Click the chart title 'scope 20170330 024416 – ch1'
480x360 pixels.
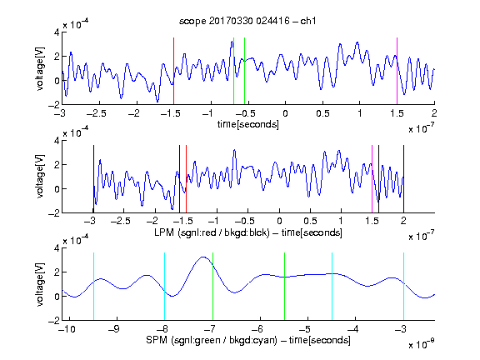(x=247, y=21)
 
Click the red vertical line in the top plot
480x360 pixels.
(x=173, y=71)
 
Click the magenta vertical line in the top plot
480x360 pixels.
(x=397, y=71)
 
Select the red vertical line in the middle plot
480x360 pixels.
(x=186, y=179)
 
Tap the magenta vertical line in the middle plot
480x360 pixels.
(x=372, y=179)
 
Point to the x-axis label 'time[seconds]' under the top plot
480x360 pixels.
(x=248, y=124)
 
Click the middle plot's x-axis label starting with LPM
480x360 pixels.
(x=248, y=232)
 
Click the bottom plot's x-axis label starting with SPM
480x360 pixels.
(x=248, y=340)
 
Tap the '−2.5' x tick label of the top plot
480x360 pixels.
(x=97, y=113)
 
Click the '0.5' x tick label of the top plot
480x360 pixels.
(x=322, y=113)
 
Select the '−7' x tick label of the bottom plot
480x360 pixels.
(x=210, y=329)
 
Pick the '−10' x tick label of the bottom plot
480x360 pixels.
(x=67, y=329)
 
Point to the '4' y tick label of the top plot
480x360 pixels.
(x=57, y=32)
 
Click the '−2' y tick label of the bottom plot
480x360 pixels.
(x=53, y=321)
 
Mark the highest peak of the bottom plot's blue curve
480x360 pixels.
(x=203, y=257)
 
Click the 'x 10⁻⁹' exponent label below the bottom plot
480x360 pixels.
(x=422, y=344)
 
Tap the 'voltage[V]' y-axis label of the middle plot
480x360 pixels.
(x=40, y=177)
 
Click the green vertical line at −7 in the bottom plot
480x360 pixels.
(x=212, y=287)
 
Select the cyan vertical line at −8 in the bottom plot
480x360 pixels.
(x=165, y=287)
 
